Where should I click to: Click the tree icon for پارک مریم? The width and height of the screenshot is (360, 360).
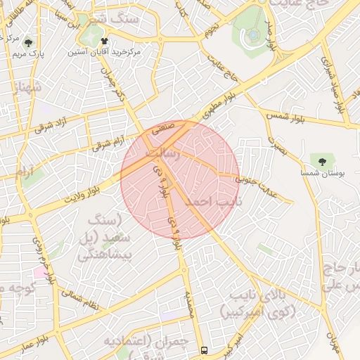pos(28,42)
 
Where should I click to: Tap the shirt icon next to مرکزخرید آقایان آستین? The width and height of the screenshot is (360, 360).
pos(105,41)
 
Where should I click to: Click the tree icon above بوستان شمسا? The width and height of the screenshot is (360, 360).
pos(322,161)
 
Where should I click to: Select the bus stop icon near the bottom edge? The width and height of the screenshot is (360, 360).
pos(204,349)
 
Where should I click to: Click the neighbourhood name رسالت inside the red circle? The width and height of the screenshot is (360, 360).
pos(162,153)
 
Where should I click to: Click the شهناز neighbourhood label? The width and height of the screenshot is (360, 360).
pos(27,89)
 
